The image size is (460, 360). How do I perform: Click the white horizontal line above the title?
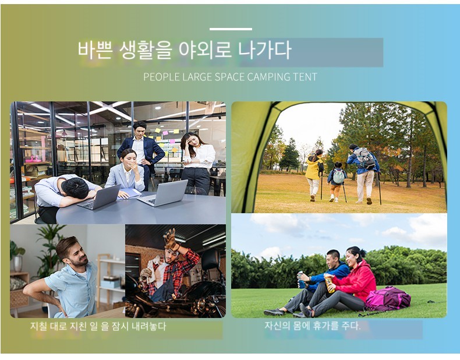click(231, 29)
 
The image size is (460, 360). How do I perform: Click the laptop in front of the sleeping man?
click(99, 198)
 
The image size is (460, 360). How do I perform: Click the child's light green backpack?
click(338, 177)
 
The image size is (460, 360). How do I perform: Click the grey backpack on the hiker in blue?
click(364, 158)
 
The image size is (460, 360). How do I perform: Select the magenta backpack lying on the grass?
click(388, 298)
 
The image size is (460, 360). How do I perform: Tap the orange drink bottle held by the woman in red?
click(330, 284)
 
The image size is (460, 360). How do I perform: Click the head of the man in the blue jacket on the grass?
click(334, 258)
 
